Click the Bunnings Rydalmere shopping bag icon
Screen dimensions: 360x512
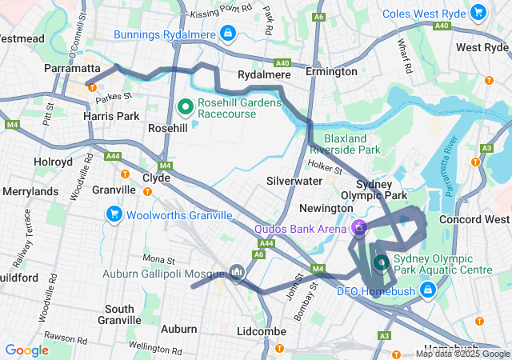(x=229, y=34)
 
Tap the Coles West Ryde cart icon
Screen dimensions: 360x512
(x=478, y=12)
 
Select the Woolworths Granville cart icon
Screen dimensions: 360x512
(x=114, y=214)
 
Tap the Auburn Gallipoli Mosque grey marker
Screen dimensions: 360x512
(x=235, y=274)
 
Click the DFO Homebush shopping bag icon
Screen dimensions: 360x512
(x=427, y=290)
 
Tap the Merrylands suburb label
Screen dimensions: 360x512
(x=30, y=192)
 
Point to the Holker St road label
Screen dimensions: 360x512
(x=326, y=169)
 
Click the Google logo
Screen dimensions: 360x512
(x=26, y=350)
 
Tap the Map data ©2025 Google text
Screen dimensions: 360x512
(x=462, y=354)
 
